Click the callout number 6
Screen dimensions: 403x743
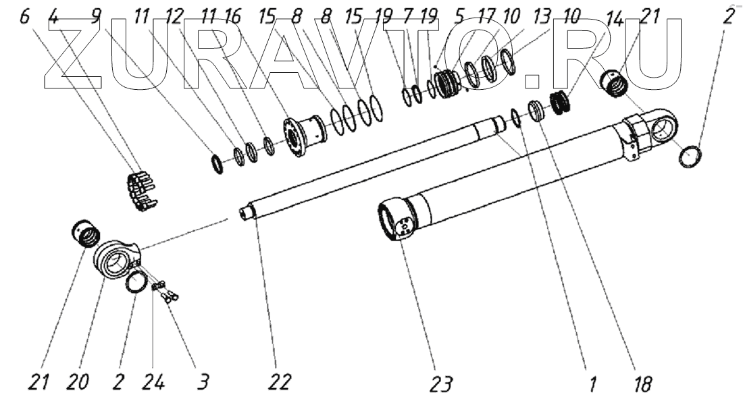pyautogui.click(x=24, y=16)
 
